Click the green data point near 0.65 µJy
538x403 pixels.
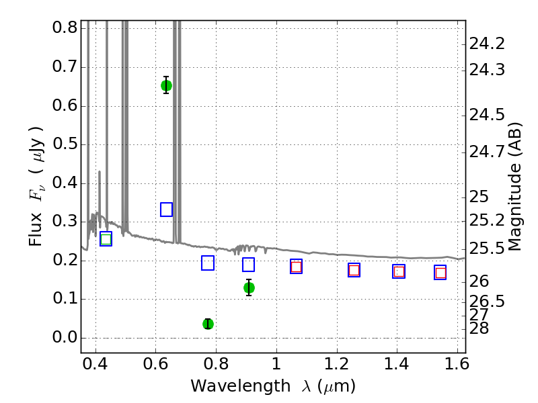pyautogui.click(x=166, y=85)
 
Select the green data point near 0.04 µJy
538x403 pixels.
pyautogui.click(x=208, y=324)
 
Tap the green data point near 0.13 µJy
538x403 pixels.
pyautogui.click(x=249, y=287)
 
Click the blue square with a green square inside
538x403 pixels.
pyautogui.click(x=106, y=239)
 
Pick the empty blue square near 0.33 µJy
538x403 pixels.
pyautogui.click(x=166, y=210)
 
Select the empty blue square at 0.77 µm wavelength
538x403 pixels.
pyautogui.click(x=208, y=263)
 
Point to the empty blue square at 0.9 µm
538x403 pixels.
pyautogui.click(x=248, y=265)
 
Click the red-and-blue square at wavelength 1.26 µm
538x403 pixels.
pyautogui.click(x=354, y=270)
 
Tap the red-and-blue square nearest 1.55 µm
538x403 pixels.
pyautogui.click(x=440, y=273)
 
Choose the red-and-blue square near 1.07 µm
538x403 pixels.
pyautogui.click(x=296, y=267)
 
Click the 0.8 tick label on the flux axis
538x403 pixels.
pyautogui.click(x=65, y=27)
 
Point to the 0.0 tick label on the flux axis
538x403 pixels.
pyautogui.click(x=65, y=338)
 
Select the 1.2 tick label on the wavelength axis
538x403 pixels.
pyautogui.click(x=337, y=364)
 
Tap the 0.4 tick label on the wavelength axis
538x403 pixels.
pyautogui.click(x=95, y=364)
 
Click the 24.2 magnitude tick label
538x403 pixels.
pyautogui.click(x=487, y=44)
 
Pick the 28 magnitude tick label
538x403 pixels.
pyautogui.click(x=479, y=328)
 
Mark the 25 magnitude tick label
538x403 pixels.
pyautogui.click(x=479, y=197)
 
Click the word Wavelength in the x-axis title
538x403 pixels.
pyautogui.click(x=241, y=386)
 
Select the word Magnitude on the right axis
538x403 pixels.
pyautogui.click(x=514, y=207)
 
